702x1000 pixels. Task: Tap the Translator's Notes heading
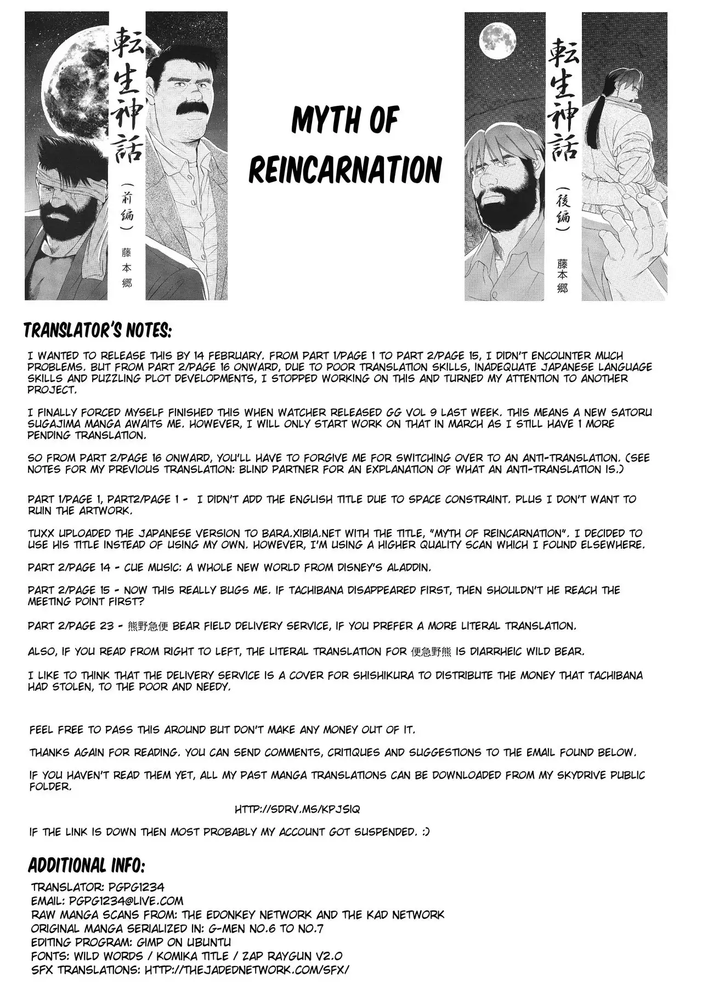(x=98, y=331)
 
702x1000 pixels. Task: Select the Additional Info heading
(x=86, y=866)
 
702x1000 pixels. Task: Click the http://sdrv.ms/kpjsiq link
(x=297, y=809)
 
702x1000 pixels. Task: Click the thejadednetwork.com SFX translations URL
(x=246, y=969)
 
